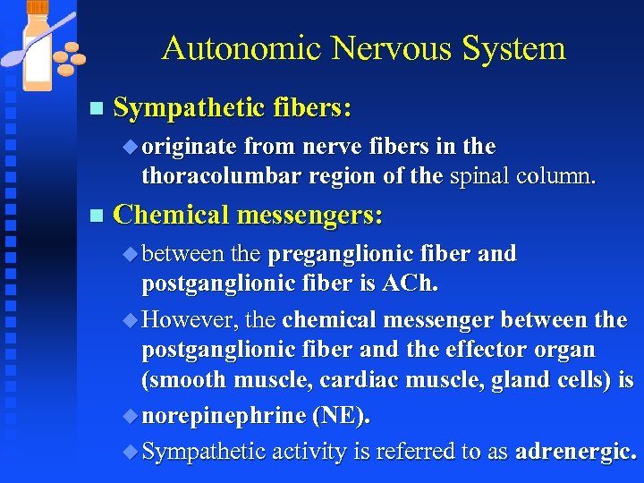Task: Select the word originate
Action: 189,146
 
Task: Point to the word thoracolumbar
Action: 222,175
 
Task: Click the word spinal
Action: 482,175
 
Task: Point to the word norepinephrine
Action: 223,416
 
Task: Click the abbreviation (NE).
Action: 340,416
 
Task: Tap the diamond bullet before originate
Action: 133,147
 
